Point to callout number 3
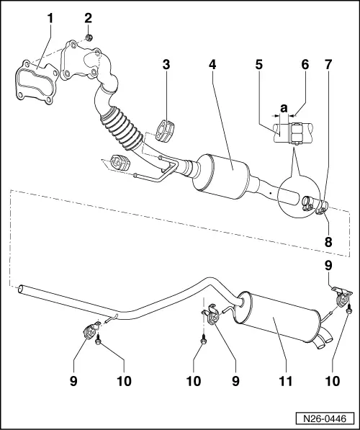click(x=166, y=65)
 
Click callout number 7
click(x=328, y=66)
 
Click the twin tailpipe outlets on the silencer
click(x=322, y=336)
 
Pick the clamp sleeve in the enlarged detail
click(x=294, y=133)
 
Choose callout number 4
click(x=212, y=65)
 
